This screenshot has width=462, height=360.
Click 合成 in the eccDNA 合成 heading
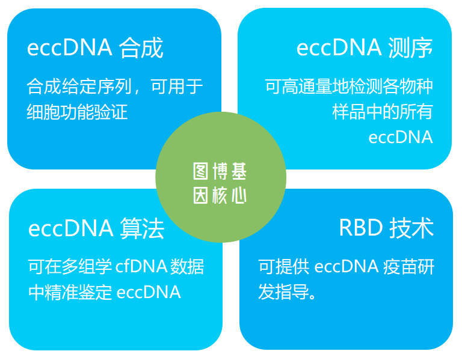point(141,47)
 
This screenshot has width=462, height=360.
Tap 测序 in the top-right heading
point(410,47)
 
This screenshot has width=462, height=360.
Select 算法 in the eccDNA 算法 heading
point(142,228)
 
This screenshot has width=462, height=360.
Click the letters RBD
point(361,228)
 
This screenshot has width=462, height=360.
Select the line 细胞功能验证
point(77,112)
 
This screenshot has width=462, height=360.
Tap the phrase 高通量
point(307,87)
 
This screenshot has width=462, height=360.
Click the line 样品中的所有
point(383,112)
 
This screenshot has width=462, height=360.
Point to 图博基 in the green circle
point(220,171)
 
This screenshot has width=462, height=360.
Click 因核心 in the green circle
point(220,195)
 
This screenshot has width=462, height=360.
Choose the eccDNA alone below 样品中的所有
point(401,138)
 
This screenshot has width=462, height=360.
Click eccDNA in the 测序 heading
point(339,47)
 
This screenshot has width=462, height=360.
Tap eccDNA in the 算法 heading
point(71,228)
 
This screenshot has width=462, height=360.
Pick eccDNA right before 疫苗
point(346,267)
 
